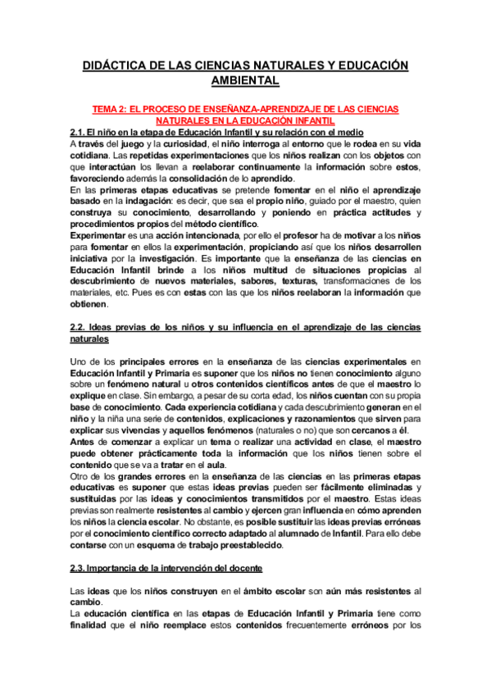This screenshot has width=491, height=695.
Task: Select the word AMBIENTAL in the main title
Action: (245, 80)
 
